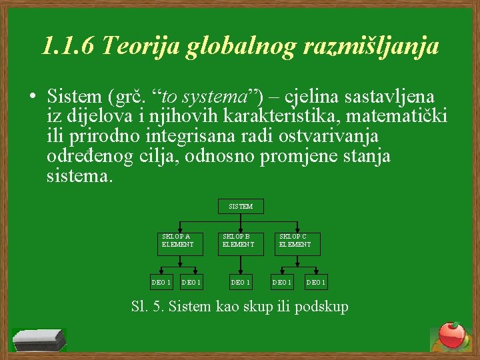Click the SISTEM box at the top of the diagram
241,207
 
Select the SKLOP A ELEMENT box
177,241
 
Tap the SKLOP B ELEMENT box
238,241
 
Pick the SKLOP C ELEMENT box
295,241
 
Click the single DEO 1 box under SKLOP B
240,283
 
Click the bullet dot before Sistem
32,97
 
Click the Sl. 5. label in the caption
150,307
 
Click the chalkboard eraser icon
39,339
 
